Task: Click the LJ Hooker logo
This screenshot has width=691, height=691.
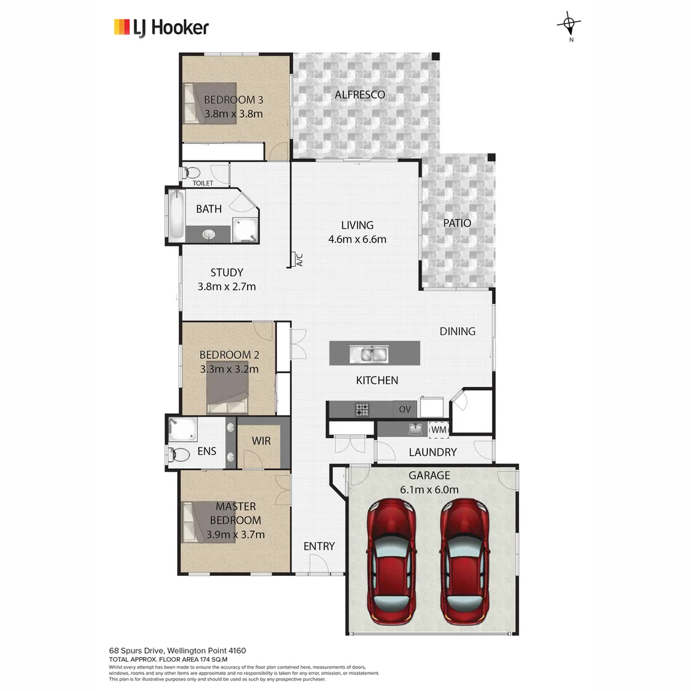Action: pos(161,27)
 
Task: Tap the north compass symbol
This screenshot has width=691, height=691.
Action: pos(569,25)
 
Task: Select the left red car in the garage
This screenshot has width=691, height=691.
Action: pos(391,563)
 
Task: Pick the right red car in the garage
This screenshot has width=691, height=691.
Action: pos(465,563)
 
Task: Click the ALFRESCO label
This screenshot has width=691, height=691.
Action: pos(360,95)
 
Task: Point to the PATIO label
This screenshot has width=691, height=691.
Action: pos(457,223)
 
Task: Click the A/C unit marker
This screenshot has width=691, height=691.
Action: pos(297,260)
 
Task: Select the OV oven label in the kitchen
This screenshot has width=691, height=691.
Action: pos(404,409)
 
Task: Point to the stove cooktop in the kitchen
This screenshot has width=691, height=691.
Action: pos(362,409)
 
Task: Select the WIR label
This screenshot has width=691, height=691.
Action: pos(261,441)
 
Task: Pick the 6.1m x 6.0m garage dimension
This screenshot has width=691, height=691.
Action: pos(429,490)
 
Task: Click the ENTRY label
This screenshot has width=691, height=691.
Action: pos(319,546)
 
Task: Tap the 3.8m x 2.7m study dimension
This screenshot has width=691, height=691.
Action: pos(226,287)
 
